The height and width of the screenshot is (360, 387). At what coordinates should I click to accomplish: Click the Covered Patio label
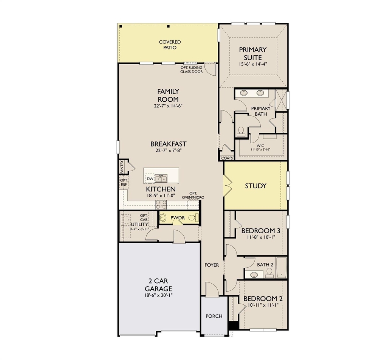170,45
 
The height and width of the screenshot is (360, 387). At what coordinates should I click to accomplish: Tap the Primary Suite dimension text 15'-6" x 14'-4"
253,64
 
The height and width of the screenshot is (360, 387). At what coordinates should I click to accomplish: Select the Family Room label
168,95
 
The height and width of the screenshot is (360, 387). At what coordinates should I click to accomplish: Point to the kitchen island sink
161,178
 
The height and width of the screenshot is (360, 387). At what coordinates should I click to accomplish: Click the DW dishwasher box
150,179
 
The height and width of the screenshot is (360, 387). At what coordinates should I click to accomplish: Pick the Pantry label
122,167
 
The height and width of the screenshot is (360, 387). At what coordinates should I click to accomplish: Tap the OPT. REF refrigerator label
124,182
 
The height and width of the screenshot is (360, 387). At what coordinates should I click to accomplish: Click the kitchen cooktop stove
161,205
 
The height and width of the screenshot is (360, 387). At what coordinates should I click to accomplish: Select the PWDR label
178,218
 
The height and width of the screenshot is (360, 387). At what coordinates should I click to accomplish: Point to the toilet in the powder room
193,217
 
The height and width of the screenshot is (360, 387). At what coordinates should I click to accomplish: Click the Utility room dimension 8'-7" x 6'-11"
139,229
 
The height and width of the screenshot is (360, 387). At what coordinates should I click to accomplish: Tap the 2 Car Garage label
158,285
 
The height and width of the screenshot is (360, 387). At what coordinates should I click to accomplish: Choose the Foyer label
212,265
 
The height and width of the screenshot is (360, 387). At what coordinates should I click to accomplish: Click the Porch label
214,316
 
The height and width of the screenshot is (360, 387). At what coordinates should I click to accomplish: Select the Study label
256,186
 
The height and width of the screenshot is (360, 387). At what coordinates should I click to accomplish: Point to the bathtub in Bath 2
281,268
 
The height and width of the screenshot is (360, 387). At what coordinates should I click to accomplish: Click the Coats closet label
227,158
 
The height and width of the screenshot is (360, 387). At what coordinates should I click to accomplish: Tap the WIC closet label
260,146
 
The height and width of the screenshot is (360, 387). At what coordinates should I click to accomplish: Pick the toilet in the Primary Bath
241,131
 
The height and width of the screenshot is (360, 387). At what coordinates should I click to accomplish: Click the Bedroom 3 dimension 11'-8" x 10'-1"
261,237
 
